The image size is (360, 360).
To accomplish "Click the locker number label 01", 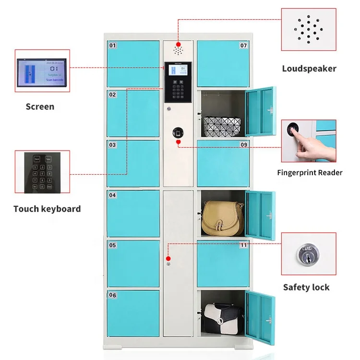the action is click(113, 46).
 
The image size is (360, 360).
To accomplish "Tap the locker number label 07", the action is click(243, 46).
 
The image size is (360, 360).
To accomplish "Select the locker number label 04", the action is click(112, 195).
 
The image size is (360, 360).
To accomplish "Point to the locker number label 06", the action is click(113, 295).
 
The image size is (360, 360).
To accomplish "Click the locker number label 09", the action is click(243, 144).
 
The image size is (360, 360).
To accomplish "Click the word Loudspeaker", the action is click(309, 69).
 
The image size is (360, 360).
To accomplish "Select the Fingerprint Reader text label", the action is click(310, 172).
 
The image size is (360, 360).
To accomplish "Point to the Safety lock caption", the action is click(306, 287).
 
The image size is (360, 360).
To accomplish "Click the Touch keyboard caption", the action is click(47, 209).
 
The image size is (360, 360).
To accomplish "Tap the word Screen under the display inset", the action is click(40, 107).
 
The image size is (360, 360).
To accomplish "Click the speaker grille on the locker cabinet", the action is click(179, 50).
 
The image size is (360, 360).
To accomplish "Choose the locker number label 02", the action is click(112, 95).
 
